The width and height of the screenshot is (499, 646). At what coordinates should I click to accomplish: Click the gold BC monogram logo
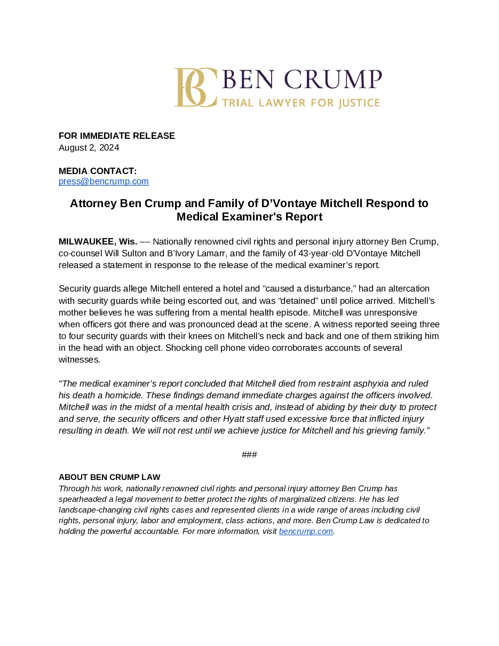pos(195,88)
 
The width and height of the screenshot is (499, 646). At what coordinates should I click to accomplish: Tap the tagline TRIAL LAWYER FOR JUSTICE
pos(300,103)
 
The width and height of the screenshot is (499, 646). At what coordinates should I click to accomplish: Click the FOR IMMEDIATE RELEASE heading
pos(117,136)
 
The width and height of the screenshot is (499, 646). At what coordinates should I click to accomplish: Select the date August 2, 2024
pos(89,148)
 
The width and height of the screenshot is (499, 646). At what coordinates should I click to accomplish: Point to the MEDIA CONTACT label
pos(98,171)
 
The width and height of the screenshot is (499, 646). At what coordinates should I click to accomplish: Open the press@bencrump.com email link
pos(104,182)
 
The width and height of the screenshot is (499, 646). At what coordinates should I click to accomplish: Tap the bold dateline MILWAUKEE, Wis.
pos(98,241)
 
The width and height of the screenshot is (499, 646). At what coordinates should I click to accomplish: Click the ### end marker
pos(249,455)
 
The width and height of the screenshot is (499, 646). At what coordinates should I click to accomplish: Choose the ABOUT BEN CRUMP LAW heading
pos(109,477)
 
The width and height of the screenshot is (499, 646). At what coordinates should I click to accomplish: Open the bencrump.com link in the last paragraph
pos(306,532)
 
